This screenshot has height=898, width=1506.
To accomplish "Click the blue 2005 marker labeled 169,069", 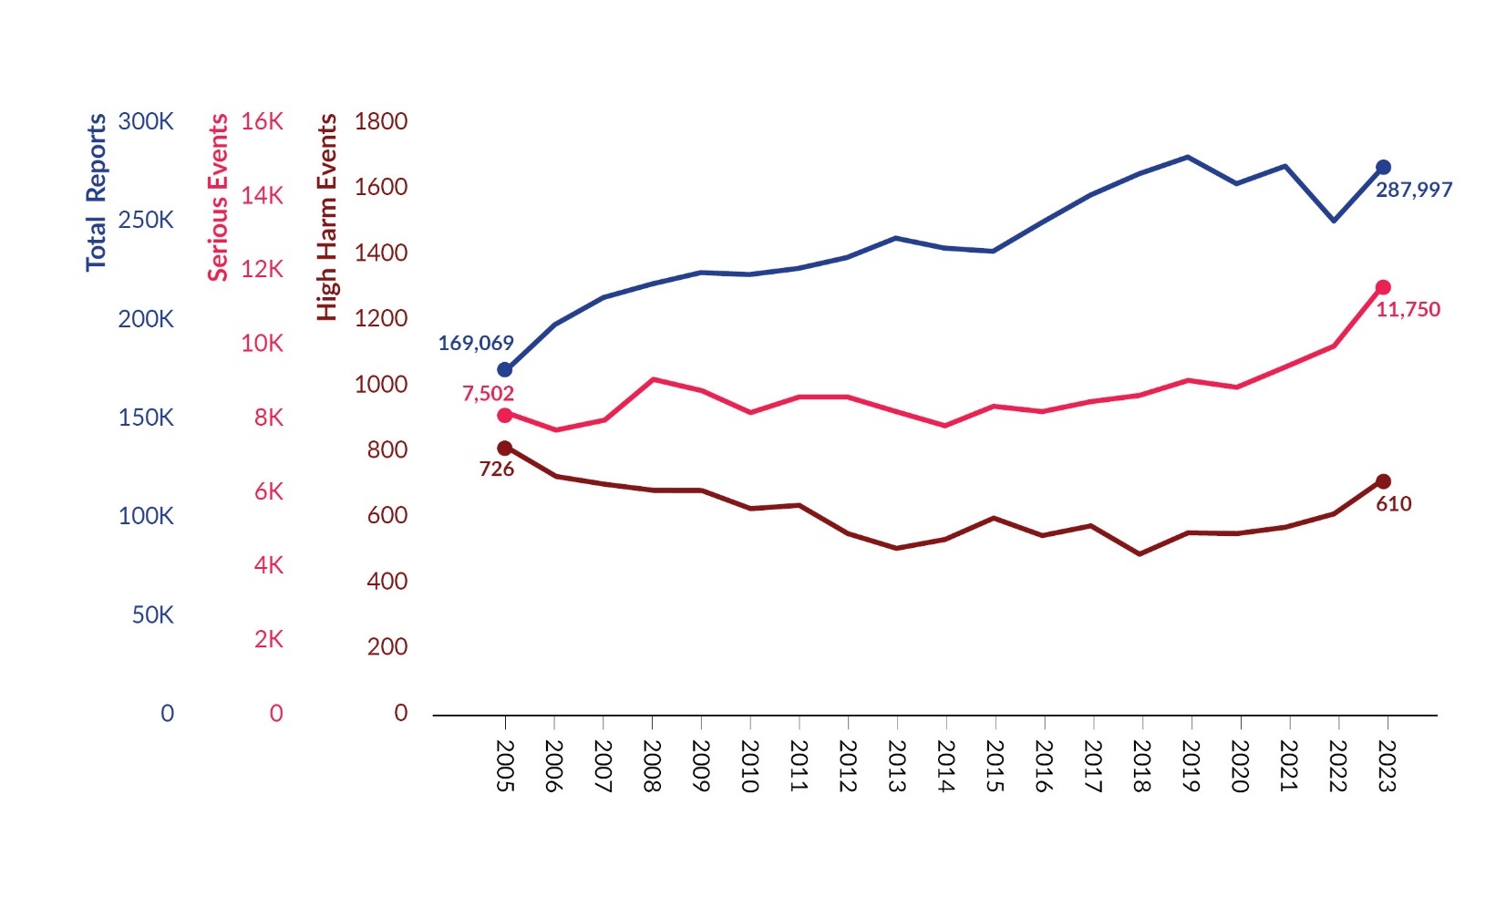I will click(x=505, y=369).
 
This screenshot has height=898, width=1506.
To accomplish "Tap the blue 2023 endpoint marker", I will click(x=1383, y=168).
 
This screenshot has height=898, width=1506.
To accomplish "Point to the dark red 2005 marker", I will click(x=505, y=449).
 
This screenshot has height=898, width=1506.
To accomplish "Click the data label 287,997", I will click(x=1413, y=191).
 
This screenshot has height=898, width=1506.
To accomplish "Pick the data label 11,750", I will click(x=1408, y=310).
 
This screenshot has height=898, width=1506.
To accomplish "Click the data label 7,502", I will click(x=488, y=394).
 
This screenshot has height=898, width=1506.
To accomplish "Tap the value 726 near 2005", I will click(x=497, y=470).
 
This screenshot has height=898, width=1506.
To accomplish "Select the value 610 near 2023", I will click(x=1393, y=504).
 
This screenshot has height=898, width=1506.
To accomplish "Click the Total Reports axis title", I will click(x=97, y=192).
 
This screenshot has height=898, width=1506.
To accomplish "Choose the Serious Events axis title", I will click(x=218, y=198).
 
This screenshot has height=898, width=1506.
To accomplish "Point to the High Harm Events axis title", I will click(x=327, y=217).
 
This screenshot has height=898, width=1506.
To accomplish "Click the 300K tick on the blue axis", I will click(x=146, y=122).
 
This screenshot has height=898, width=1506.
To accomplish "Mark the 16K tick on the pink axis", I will click(x=263, y=122).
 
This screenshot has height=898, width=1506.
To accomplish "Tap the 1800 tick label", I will click(x=381, y=122).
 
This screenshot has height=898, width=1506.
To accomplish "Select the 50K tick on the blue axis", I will click(x=152, y=615).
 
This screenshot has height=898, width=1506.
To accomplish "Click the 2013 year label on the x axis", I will click(x=897, y=766).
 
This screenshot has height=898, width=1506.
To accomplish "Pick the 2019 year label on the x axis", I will click(x=1191, y=766).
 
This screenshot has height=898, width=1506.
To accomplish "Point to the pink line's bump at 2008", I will click(x=653, y=379).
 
